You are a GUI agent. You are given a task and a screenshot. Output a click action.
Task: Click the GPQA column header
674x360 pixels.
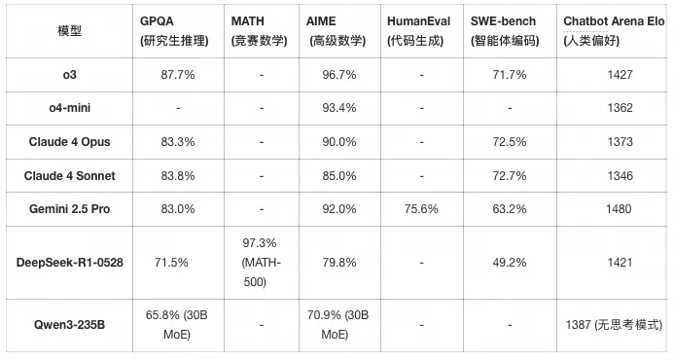(x=174, y=30)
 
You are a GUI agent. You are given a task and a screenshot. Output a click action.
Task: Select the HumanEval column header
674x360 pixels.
(x=418, y=30)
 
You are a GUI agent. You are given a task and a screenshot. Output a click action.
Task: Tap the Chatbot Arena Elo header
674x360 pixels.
(x=614, y=30)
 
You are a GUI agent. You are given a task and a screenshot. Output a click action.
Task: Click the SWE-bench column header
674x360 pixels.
(x=505, y=30)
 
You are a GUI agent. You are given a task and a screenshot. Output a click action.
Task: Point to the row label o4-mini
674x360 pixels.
(x=70, y=108)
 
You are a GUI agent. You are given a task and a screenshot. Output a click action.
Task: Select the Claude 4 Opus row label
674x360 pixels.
(x=70, y=142)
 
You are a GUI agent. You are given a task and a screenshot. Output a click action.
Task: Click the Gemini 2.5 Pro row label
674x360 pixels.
(x=70, y=209)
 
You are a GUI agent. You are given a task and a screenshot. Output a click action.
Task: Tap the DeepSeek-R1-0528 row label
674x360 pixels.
(x=70, y=263)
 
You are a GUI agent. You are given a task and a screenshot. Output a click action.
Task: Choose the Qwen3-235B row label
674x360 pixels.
(x=70, y=324)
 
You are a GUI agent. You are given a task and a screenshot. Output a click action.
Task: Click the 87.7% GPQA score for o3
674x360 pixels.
(x=178, y=75)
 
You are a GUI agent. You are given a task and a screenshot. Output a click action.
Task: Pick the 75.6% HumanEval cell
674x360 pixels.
(x=421, y=209)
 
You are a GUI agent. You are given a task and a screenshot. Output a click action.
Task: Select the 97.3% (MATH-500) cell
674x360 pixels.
(x=260, y=263)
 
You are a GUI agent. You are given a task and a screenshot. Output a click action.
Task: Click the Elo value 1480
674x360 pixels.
(x=619, y=209)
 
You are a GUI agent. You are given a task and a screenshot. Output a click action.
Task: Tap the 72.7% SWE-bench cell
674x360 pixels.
(x=510, y=175)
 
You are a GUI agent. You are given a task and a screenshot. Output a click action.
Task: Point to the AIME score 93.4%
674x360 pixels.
(x=339, y=108)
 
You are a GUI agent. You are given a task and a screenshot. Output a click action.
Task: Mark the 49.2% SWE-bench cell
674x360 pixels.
(x=510, y=263)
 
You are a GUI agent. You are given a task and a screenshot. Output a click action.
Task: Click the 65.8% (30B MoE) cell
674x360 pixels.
(x=177, y=325)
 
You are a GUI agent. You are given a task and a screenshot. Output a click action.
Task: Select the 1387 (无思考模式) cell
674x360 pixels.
(x=614, y=325)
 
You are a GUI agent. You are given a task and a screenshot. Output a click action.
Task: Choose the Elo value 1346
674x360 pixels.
(x=620, y=175)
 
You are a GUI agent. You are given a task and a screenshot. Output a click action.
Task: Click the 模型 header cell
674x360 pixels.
(x=70, y=31)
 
